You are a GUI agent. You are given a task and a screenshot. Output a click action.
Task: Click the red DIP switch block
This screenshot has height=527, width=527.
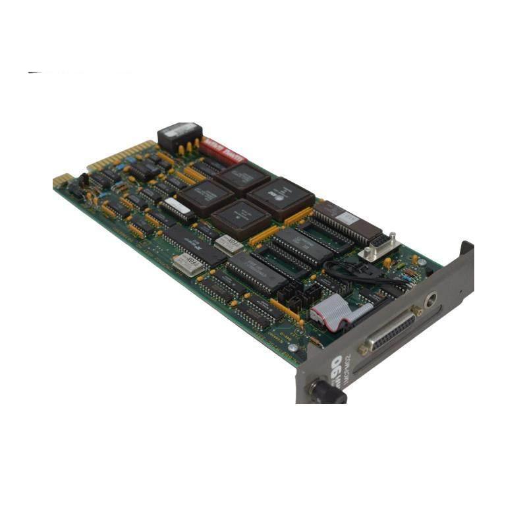pyautogui.click(x=223, y=152)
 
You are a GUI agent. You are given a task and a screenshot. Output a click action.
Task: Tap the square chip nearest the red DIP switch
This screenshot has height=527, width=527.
pyautogui.click(x=242, y=177)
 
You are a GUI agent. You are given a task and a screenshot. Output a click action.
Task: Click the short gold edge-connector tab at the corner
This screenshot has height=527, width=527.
pyautogui.click(x=62, y=180)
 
